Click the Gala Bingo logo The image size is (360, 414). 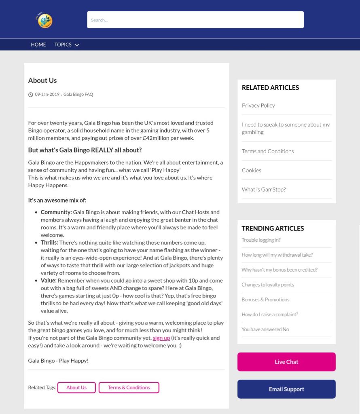coord(45,20)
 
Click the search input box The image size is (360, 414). coord(195,20)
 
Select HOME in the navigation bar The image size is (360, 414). coord(38,44)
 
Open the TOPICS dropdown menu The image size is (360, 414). coord(66,44)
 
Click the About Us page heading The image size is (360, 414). coord(42,80)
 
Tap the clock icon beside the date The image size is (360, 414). coord(31,95)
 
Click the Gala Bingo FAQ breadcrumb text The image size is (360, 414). coord(78,95)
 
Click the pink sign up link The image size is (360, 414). coord(161,338)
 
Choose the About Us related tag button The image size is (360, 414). coord(76,387)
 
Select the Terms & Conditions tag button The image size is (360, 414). coord(129,387)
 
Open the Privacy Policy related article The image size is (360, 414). coord(258,106)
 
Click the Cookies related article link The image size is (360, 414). coord(252,170)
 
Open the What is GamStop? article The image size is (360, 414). coord(264,189)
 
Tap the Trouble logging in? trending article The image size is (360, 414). coord(261,240)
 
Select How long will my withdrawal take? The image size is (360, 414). coord(277,255)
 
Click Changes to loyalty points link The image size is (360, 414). coord(268,285)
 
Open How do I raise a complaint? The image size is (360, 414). coord(270,315)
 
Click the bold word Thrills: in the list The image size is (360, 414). coord(49,243)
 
